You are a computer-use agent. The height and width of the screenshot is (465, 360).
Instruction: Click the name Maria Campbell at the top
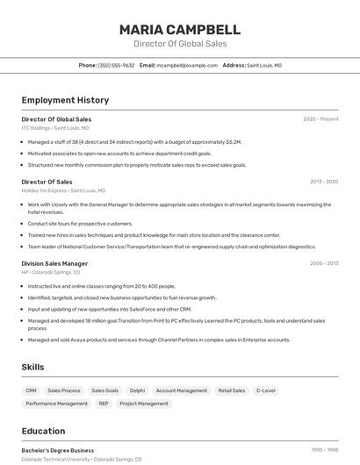[x=180, y=29]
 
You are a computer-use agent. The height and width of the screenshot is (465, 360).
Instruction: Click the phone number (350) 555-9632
[x=116, y=65]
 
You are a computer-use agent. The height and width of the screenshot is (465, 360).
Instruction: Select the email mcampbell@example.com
[x=187, y=65]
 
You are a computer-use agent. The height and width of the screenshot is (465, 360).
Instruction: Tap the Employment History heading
[x=65, y=100]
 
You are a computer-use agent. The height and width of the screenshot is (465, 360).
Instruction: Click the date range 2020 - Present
[x=320, y=119]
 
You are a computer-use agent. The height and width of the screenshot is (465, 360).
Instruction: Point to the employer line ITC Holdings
[x=54, y=128]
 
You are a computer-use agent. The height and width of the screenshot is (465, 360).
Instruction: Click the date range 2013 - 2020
[x=323, y=182]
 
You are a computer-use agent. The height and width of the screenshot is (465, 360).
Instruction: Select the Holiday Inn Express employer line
[x=63, y=190]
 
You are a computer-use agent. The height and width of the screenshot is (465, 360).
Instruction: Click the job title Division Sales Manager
[x=54, y=263]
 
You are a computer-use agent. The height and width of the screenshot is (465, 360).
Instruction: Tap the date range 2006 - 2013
[x=323, y=263]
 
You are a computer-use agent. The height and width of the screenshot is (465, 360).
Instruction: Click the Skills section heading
[x=33, y=367]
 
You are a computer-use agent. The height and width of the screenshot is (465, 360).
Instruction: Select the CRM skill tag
[x=31, y=390]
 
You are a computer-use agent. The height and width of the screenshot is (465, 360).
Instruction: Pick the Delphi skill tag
[x=137, y=390]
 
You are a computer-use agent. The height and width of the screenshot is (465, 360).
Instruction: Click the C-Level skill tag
[x=265, y=390]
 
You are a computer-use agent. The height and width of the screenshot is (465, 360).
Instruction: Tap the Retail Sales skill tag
[x=232, y=390]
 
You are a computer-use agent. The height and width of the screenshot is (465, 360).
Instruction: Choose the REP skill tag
[x=104, y=404]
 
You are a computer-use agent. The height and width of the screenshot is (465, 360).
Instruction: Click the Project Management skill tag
[x=144, y=404]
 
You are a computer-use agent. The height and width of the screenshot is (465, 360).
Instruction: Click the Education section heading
[x=43, y=431]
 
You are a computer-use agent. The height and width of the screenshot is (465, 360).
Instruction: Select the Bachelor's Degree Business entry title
[x=58, y=450]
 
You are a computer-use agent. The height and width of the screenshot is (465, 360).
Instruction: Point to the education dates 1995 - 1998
[x=324, y=450]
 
